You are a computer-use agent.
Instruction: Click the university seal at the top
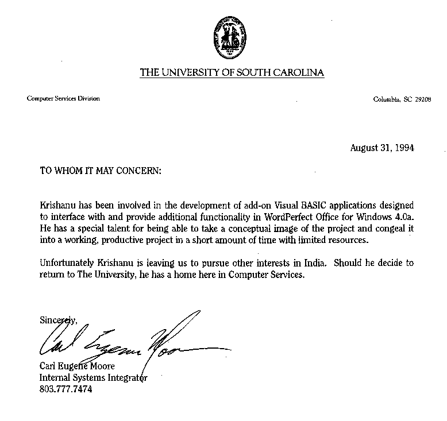[x=232, y=39]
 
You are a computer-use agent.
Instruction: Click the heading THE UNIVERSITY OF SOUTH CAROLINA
[x=232, y=72]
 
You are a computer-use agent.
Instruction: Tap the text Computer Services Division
[x=63, y=98]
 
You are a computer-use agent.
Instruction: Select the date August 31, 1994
[x=382, y=148]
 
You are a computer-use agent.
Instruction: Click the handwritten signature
[x=132, y=342]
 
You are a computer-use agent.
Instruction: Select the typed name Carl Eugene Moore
[x=77, y=366]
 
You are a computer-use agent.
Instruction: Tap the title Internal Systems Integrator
[x=93, y=378]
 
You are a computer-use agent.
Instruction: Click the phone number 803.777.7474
[x=65, y=389]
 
